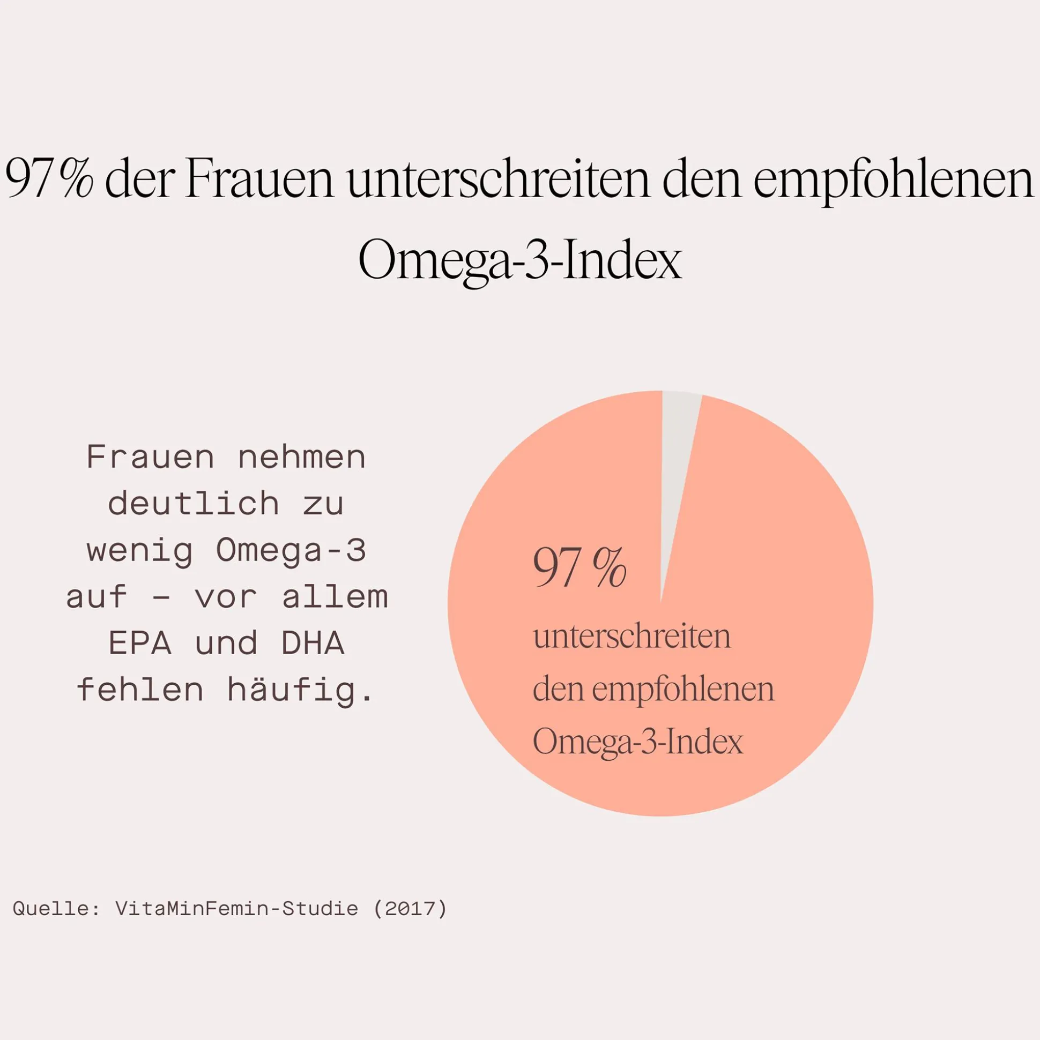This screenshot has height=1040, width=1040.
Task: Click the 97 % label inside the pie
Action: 580,568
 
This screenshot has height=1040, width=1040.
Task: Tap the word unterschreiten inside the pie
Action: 631,637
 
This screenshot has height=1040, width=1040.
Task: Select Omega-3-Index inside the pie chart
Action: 638,742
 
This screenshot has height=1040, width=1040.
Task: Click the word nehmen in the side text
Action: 302,458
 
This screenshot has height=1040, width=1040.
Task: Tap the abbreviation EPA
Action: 140,644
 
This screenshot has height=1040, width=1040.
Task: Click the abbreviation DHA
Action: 313,644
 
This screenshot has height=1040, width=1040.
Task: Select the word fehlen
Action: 140,691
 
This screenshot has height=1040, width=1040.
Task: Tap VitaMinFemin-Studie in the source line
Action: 236,909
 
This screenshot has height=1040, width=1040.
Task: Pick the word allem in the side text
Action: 335,597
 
